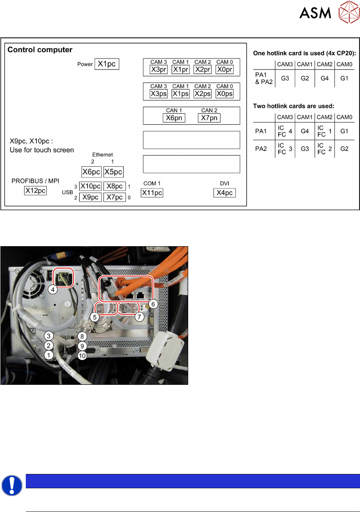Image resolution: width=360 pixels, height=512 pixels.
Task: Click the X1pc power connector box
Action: [107, 64]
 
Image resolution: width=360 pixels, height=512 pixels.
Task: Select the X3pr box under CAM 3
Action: [158, 70]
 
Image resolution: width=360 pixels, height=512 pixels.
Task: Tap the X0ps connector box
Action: [224, 94]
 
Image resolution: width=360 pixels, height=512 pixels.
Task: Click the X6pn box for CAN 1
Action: [173, 118]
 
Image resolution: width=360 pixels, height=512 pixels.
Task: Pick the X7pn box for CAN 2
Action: [209, 118]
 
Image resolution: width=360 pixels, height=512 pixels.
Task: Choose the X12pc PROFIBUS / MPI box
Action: [35, 190]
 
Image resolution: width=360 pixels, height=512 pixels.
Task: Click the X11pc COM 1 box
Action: [152, 192]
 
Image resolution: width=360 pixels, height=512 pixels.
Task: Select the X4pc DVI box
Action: [225, 192]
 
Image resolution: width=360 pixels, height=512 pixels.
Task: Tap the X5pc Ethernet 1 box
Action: [113, 172]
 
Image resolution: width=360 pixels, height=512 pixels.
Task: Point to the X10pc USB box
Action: [90, 186]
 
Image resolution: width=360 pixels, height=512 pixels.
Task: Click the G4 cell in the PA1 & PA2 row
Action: [325, 78]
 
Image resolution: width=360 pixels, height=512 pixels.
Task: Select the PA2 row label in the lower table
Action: [261, 149]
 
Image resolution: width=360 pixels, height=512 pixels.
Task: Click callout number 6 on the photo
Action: [153, 304]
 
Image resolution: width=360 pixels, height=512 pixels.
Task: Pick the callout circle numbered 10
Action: [82, 356]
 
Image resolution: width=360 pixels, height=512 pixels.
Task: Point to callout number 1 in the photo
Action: [49, 355]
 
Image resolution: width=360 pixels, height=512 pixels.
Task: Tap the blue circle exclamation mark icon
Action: [11, 485]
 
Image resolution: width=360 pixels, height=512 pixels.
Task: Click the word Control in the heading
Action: [23, 50]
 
